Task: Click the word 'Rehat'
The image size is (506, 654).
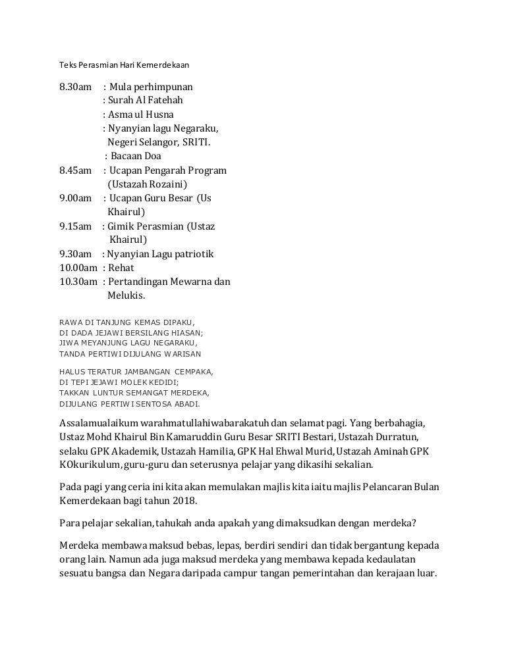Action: [123, 268]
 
